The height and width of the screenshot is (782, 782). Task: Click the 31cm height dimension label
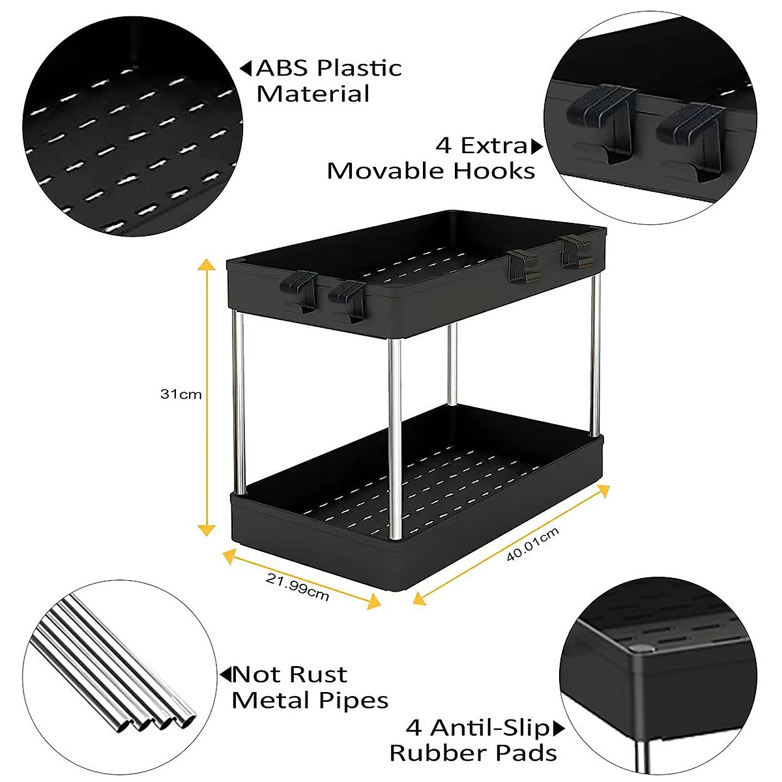pyautogui.click(x=181, y=394)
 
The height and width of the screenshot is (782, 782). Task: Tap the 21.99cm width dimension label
pyautogui.click(x=297, y=585)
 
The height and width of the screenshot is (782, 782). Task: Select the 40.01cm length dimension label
pyautogui.click(x=532, y=545)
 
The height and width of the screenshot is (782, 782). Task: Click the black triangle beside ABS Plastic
pyautogui.click(x=246, y=68)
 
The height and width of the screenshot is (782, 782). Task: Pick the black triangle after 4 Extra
pyautogui.click(x=537, y=146)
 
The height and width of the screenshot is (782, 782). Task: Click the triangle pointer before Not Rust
pyautogui.click(x=225, y=674)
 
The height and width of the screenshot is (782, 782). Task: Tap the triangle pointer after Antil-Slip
pyautogui.click(x=559, y=727)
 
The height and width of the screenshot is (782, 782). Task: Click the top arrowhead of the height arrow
pyautogui.click(x=207, y=264)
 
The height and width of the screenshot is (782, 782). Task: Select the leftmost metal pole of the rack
pyautogui.click(x=239, y=404)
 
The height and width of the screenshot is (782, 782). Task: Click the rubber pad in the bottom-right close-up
pyautogui.click(x=641, y=648)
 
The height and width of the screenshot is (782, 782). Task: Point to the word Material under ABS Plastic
pyautogui.click(x=313, y=94)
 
